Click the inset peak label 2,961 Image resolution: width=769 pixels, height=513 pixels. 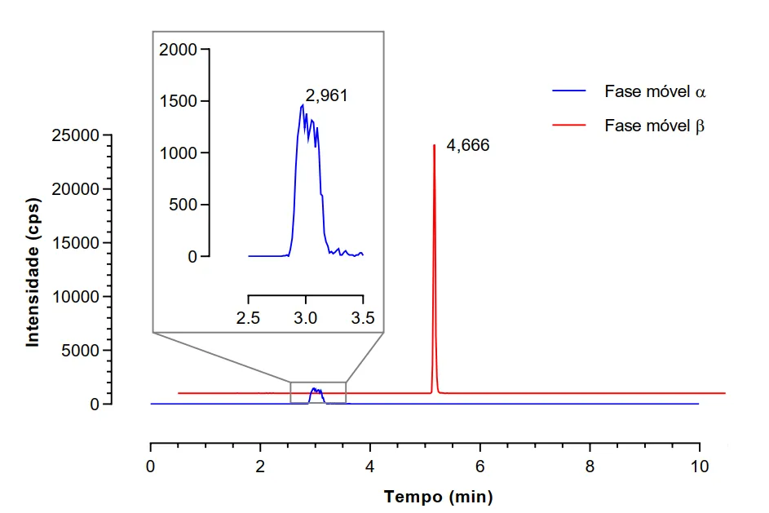pyautogui.click(x=327, y=95)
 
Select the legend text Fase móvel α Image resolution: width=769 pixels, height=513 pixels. pyautogui.click(x=655, y=91)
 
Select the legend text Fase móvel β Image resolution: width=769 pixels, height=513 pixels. pyautogui.click(x=655, y=126)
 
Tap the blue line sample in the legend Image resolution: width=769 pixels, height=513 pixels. pyautogui.click(x=569, y=91)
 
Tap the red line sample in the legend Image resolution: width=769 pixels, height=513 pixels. pyautogui.click(x=569, y=126)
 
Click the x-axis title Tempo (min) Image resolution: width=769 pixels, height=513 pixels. pyautogui.click(x=438, y=496)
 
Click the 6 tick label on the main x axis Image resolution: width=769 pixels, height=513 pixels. pyautogui.click(x=480, y=469)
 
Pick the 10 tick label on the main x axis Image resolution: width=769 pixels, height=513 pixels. pyautogui.click(x=699, y=469)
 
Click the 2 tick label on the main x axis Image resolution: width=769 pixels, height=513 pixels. pyautogui.click(x=260, y=469)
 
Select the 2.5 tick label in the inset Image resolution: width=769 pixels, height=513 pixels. pyautogui.click(x=248, y=318)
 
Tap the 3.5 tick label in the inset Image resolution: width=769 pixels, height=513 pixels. pyautogui.click(x=362, y=318)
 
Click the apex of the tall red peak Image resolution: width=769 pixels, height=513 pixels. pyautogui.click(x=434, y=145)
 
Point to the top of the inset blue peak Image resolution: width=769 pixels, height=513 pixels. pyautogui.click(x=303, y=104)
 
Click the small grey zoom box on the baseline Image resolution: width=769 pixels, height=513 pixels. pyautogui.click(x=318, y=392)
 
